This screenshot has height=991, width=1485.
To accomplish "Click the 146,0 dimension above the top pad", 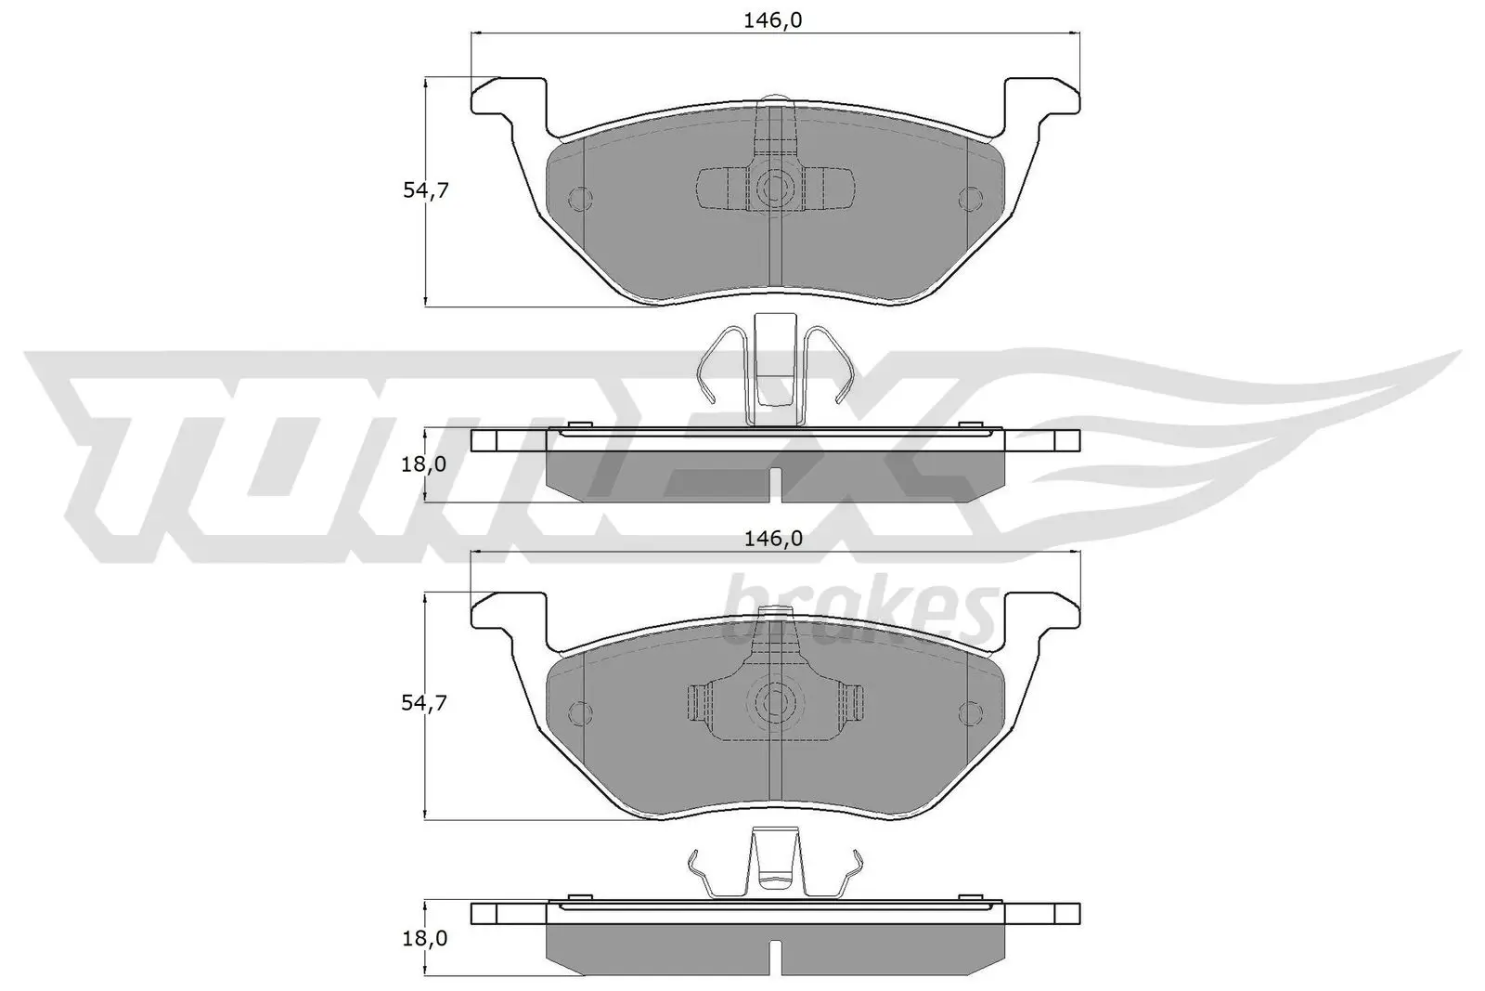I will click(771, 21).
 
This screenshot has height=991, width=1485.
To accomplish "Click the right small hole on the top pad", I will click(969, 198).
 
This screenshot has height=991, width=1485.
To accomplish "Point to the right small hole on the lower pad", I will click(969, 712).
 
